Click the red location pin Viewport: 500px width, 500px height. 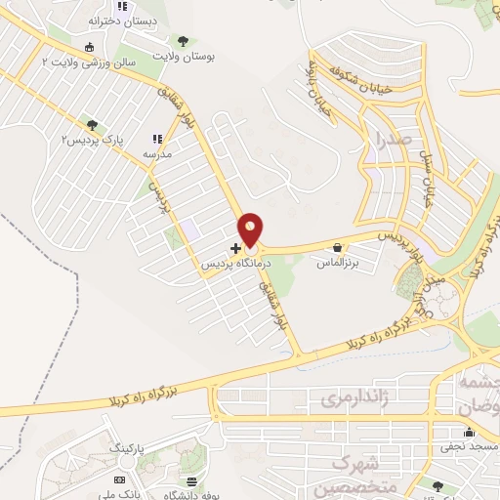[x=251, y=229]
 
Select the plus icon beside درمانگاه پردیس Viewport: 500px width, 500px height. [x=235, y=248]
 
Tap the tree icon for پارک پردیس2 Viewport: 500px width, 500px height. [x=92, y=125]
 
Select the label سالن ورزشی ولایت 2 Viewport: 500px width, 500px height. [x=86, y=62]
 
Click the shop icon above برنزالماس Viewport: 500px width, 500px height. [x=337, y=248]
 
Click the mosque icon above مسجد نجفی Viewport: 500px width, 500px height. [x=469, y=432]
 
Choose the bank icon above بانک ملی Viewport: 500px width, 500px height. [x=119, y=480]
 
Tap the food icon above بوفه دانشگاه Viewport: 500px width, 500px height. [x=192, y=480]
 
